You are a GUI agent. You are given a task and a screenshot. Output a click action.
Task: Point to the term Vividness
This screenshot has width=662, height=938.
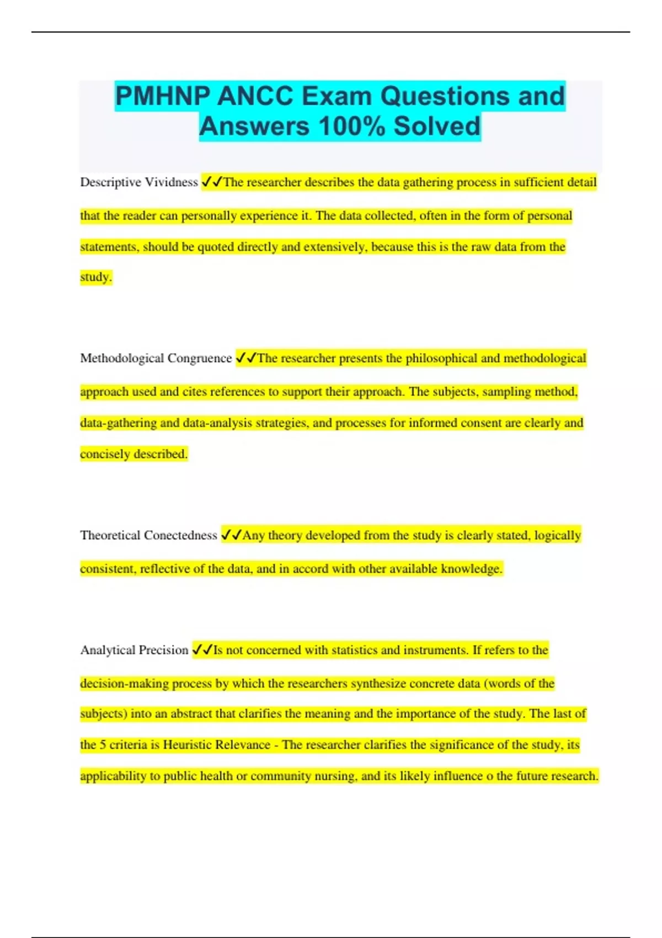pyautogui.click(x=171, y=182)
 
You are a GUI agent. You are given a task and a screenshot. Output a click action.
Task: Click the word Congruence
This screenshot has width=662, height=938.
pyautogui.click(x=199, y=359)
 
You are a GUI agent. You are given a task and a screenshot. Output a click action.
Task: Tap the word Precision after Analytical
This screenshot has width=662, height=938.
pyautogui.click(x=161, y=650)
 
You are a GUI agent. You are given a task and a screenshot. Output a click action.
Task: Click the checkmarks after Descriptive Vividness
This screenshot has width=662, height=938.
pyautogui.click(x=212, y=182)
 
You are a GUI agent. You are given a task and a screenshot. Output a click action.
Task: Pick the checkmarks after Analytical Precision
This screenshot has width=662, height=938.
pyautogui.click(x=202, y=650)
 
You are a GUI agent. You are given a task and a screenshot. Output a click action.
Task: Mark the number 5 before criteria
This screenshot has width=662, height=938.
pyautogui.click(x=103, y=745)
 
